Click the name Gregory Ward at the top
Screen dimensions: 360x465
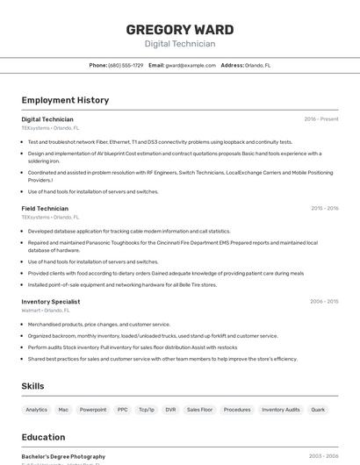179,28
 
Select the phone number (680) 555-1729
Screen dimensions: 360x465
126,65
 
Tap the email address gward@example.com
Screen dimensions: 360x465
191,65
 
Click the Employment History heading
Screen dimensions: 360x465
65,100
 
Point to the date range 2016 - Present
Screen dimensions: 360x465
321,119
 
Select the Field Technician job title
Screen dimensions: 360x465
45,209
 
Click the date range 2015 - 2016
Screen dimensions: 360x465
324,209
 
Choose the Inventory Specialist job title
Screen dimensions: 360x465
51,302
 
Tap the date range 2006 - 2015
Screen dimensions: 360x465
324,302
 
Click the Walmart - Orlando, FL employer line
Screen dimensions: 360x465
46,310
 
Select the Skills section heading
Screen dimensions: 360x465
32,386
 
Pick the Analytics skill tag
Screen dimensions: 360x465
37,410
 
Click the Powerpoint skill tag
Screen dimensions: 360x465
93,410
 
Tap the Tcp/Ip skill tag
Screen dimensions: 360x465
146,410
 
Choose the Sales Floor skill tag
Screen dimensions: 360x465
200,410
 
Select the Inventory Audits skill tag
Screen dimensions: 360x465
280,410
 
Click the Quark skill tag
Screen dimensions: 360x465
318,410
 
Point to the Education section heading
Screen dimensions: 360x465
43,437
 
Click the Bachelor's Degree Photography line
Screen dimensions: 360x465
63,456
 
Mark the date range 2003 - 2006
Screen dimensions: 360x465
324,456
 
